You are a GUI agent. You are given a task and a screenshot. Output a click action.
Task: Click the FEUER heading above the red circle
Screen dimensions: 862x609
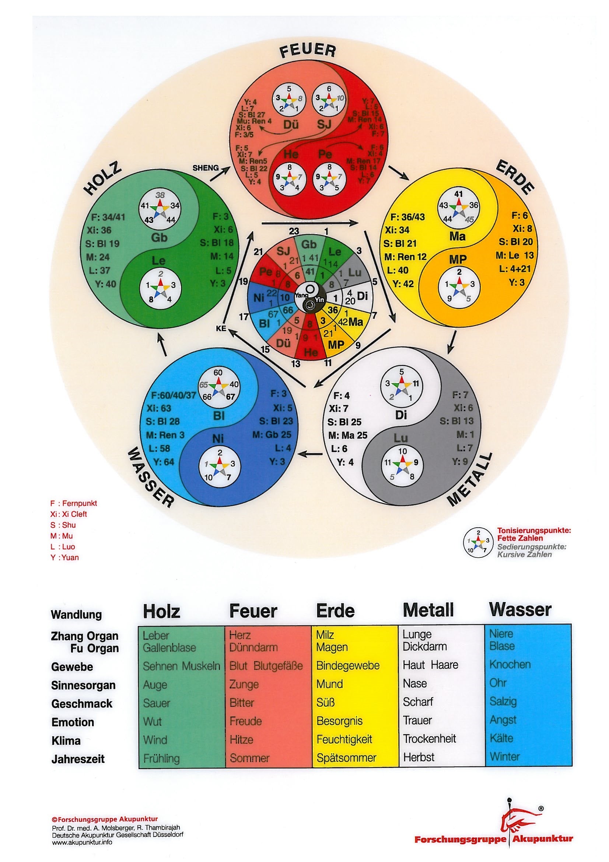[x=307, y=51]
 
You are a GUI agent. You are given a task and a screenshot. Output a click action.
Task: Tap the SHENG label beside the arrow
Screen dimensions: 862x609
[x=205, y=168]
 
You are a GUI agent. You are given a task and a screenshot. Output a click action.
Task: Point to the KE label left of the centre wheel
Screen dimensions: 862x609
[x=221, y=328]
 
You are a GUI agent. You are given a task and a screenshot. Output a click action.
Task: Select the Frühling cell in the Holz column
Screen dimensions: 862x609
[x=161, y=758]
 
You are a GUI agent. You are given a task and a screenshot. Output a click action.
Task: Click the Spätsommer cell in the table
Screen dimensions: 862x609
[x=346, y=758]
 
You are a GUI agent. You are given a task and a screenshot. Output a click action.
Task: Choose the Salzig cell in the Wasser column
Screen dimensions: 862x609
[x=503, y=701]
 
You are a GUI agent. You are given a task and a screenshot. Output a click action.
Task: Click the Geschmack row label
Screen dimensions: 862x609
[x=81, y=703]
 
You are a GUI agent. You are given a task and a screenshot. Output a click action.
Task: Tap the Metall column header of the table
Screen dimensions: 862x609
[x=428, y=610]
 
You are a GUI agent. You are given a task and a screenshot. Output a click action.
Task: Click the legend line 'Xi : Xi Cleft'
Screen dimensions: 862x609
[x=69, y=514]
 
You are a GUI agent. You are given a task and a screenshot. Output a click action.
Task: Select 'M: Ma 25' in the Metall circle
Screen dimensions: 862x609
[x=347, y=435]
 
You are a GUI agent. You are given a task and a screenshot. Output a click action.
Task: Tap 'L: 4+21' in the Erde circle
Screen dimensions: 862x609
[x=514, y=268]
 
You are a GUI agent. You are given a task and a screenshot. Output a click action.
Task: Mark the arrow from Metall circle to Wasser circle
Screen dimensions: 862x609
[x=312, y=454]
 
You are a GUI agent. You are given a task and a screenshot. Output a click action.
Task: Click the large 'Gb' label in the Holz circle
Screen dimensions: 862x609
[x=159, y=237]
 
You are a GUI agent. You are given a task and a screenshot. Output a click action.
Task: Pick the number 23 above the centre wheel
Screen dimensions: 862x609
[x=294, y=231]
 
